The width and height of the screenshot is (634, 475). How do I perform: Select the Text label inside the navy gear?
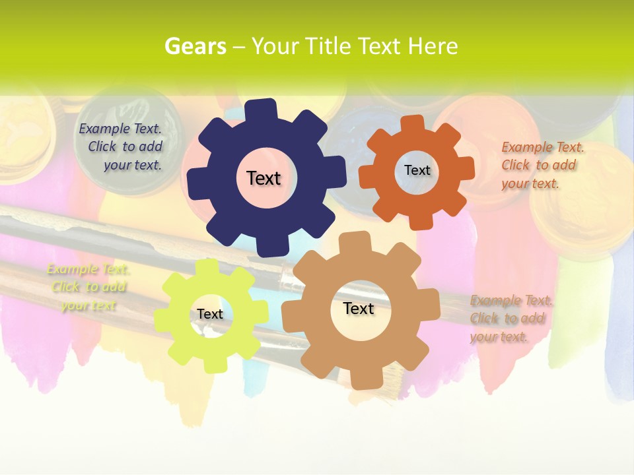click(x=264, y=178)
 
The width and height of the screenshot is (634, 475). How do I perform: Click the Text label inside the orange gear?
click(x=417, y=170)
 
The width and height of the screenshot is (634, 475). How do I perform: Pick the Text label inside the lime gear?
click(x=209, y=314)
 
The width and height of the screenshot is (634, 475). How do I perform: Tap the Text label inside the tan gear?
click(x=358, y=308)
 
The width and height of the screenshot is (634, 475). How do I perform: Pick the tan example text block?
click(x=511, y=319)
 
